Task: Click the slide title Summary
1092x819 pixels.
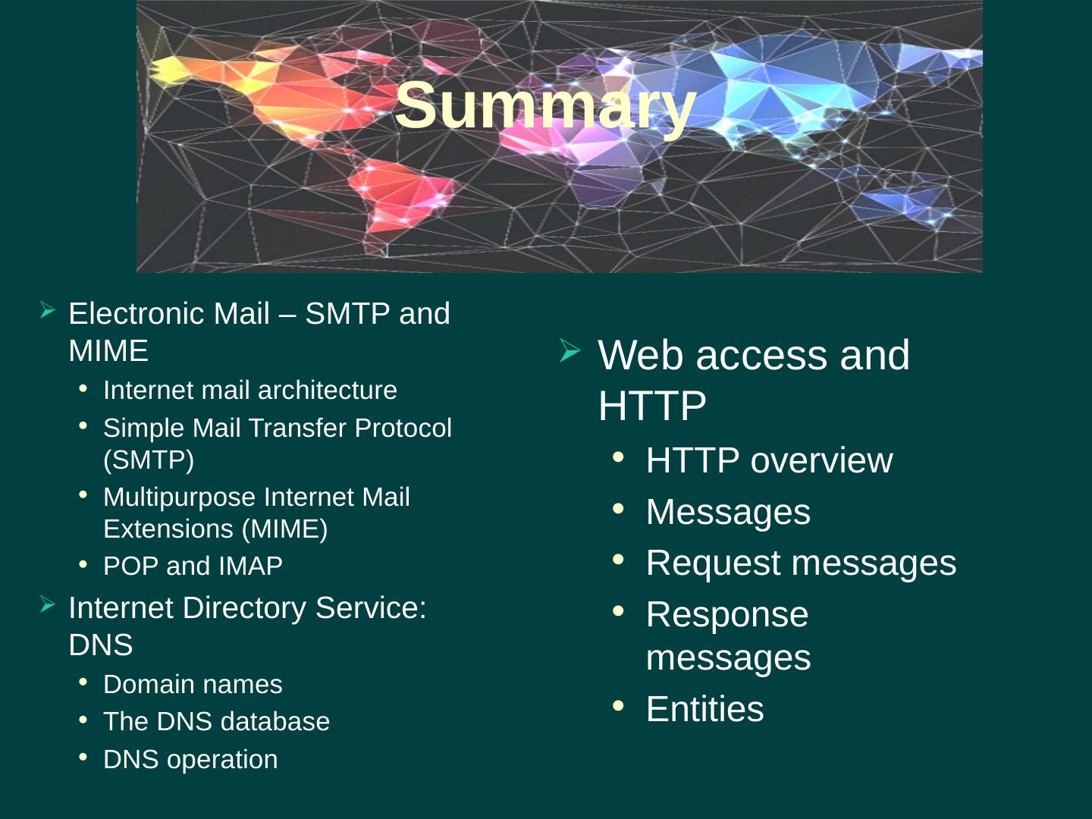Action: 544,105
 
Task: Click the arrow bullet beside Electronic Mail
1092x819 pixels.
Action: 47,310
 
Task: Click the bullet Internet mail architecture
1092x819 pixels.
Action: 249,391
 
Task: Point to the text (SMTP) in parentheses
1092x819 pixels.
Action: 149,460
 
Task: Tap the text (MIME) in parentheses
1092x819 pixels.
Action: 284,529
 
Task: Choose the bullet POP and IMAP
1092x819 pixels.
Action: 193,566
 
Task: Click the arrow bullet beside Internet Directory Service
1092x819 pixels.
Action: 47,604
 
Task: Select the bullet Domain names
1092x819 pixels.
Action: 193,685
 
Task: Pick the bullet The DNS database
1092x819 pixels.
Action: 216,722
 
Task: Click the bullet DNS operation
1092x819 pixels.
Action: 190,760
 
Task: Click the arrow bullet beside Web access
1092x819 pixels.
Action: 570,350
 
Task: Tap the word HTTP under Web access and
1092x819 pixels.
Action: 652,406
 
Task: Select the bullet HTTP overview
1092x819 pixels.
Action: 769,461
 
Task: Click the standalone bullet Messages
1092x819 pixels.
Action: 728,512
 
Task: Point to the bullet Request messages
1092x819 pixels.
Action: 801,563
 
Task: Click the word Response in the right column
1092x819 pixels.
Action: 726,615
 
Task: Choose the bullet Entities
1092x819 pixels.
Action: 704,710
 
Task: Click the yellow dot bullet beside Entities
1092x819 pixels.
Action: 618,706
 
